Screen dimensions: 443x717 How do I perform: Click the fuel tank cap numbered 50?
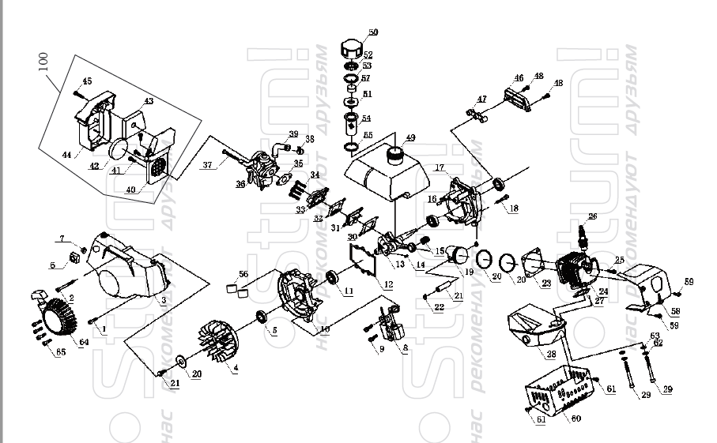354,47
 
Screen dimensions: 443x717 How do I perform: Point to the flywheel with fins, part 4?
217,344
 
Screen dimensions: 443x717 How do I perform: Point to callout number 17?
440,167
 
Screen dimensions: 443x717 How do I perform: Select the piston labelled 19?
456,257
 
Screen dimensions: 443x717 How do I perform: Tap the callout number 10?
324,327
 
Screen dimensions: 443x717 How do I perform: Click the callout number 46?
519,77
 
